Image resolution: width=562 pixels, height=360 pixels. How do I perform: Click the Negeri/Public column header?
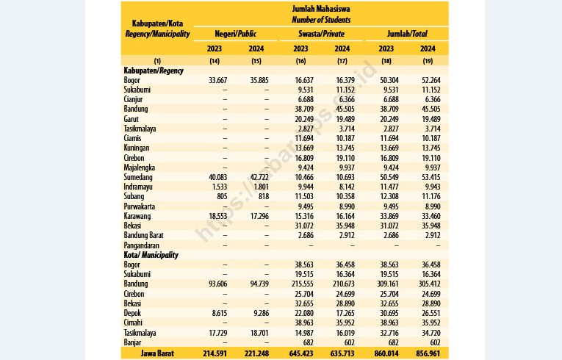click(236, 34)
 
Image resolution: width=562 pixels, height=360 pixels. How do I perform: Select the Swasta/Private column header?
click(321, 34)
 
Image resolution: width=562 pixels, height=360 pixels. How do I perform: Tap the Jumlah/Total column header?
click(407, 34)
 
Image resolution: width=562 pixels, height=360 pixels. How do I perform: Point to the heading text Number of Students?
click(321, 20)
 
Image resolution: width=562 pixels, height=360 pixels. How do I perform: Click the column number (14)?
click(215, 61)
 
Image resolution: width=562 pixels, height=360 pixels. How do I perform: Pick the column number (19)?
click(428, 61)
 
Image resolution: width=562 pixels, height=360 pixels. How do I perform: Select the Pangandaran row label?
click(141, 245)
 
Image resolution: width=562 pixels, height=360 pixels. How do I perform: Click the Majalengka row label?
click(139, 168)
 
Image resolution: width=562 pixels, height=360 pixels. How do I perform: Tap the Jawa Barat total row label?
click(157, 353)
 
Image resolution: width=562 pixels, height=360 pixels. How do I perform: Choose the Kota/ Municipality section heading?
click(151, 255)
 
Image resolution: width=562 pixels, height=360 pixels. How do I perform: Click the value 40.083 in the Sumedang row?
click(218, 177)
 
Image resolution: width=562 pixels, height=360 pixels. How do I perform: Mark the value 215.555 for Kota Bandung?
click(301, 284)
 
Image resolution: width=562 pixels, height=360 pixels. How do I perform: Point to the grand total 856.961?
click(428, 353)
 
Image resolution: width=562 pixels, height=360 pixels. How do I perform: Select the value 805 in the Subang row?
click(222, 196)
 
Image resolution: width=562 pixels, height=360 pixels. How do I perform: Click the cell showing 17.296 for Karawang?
click(259, 216)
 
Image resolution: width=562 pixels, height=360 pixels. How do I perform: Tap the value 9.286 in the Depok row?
click(261, 313)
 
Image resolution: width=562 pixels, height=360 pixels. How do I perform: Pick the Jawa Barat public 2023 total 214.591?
click(215, 353)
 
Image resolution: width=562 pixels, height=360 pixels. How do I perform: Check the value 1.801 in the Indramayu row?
click(262, 187)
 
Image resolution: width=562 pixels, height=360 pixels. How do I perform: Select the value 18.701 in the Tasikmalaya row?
click(259, 333)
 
